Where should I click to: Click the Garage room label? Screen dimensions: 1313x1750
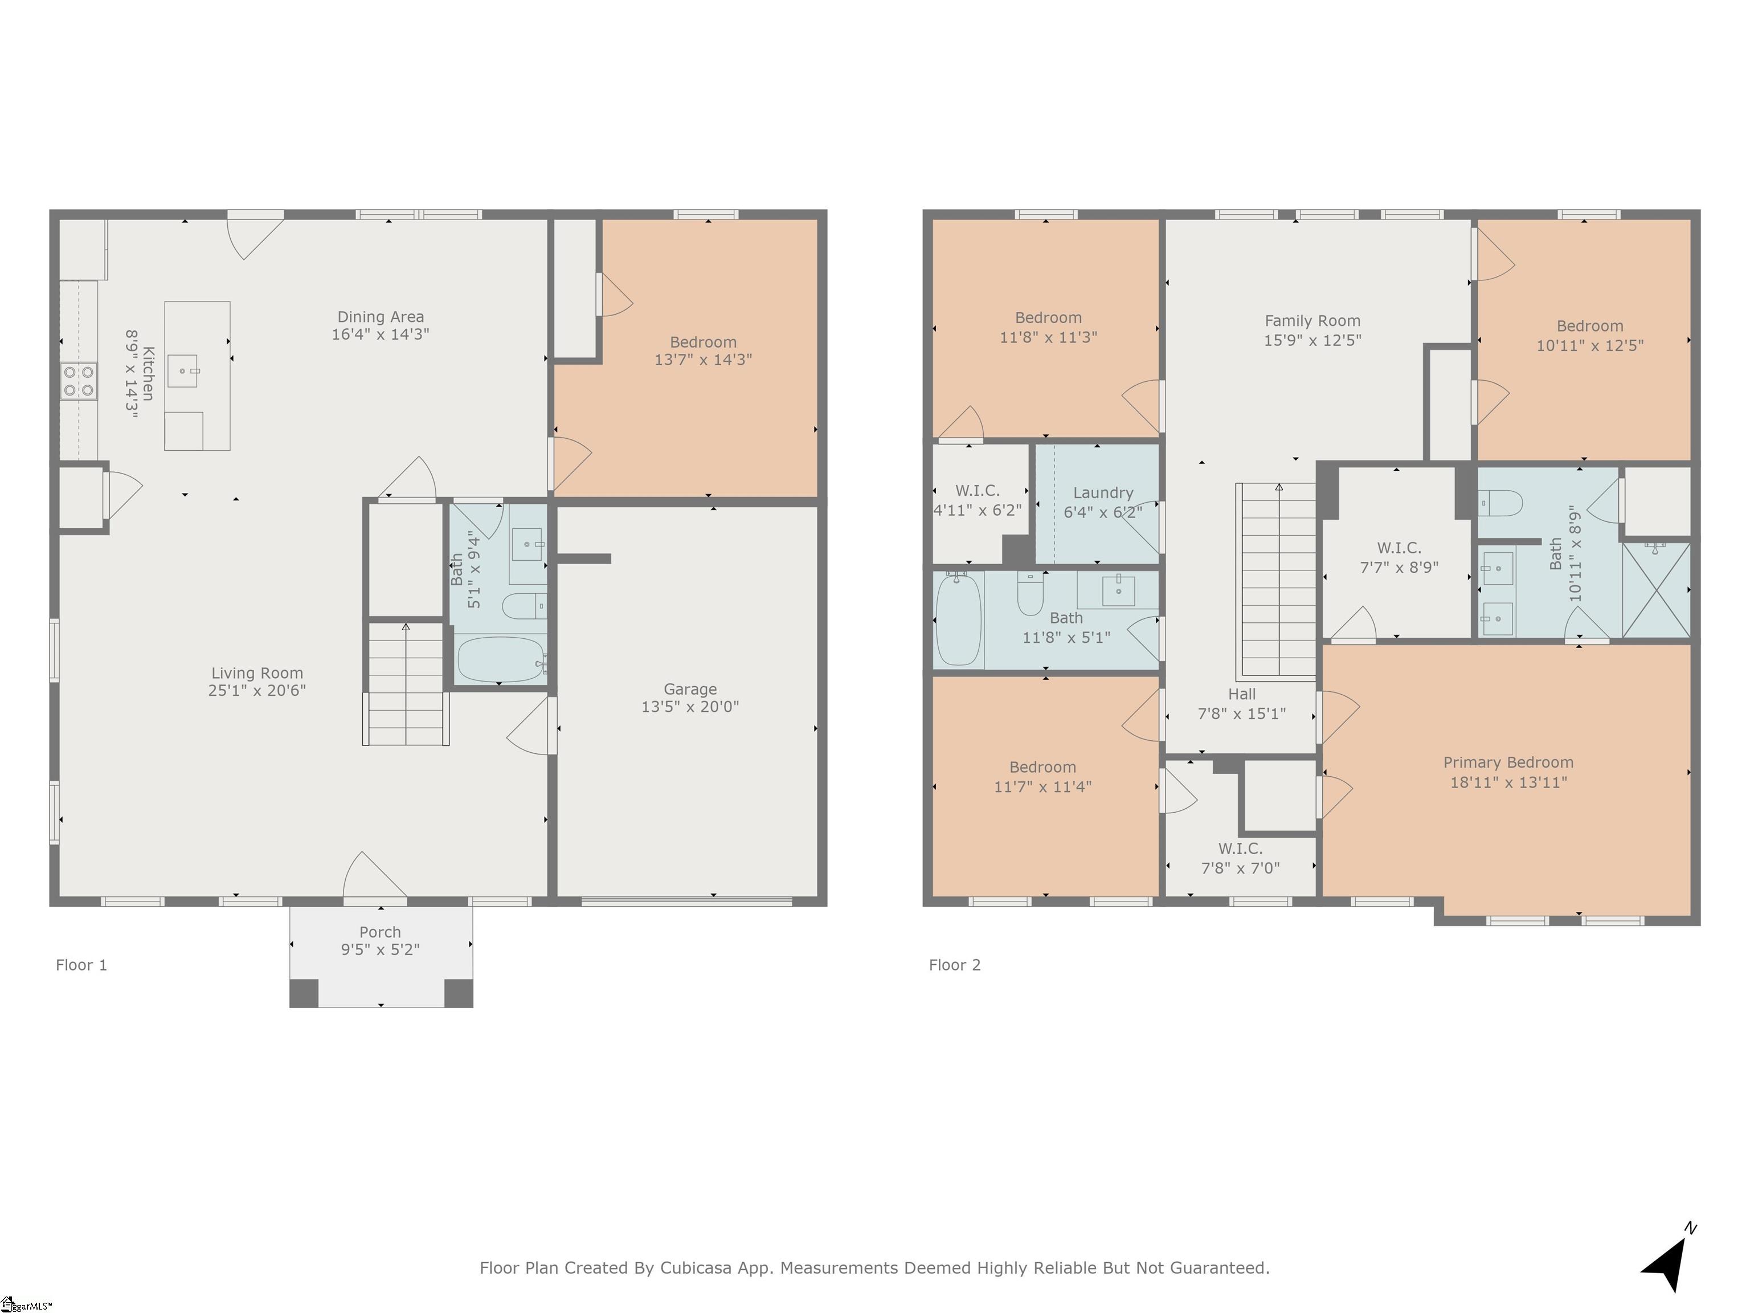pyautogui.click(x=690, y=690)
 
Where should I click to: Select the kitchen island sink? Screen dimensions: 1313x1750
pyautogui.click(x=183, y=370)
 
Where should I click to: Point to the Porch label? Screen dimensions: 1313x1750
pyautogui.click(x=380, y=932)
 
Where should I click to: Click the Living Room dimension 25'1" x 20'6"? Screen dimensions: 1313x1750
pyautogui.click(x=256, y=690)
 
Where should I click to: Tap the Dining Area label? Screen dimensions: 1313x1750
pyautogui.click(x=381, y=317)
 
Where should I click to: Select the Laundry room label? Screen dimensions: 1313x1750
pyautogui.click(x=1103, y=492)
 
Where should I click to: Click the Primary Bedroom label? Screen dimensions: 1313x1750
pyautogui.click(x=1508, y=762)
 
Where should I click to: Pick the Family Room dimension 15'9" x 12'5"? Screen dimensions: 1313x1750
pyautogui.click(x=1312, y=340)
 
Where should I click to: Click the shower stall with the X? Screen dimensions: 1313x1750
pyautogui.click(x=1656, y=590)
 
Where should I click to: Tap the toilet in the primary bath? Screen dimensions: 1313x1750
pyautogui.click(x=1501, y=503)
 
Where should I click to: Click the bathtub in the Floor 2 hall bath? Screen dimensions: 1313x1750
pyautogui.click(x=958, y=619)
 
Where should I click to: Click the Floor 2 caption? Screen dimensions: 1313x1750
pyautogui.click(x=954, y=965)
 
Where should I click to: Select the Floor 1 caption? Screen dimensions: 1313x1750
pyautogui.click(x=81, y=965)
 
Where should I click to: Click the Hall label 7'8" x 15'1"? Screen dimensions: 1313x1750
pyautogui.click(x=1241, y=704)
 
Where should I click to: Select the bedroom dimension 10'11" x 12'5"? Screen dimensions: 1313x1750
pyautogui.click(x=1589, y=346)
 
